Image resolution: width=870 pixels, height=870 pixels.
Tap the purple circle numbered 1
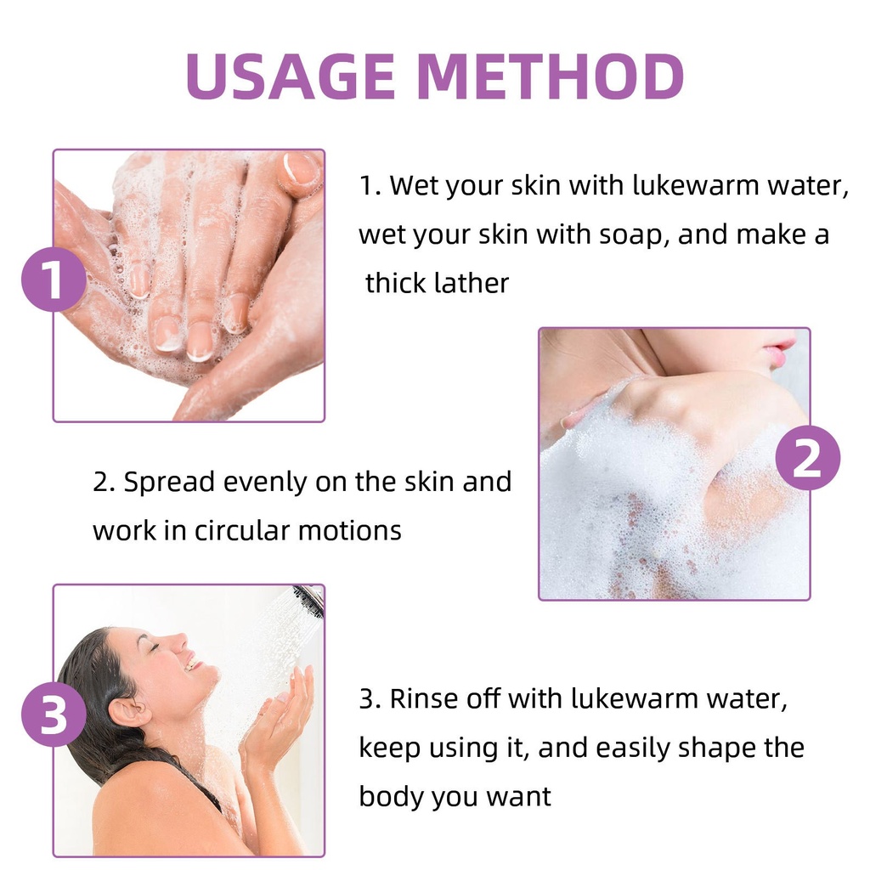pyautogui.click(x=54, y=279)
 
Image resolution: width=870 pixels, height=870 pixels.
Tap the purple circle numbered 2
pyautogui.click(x=807, y=458)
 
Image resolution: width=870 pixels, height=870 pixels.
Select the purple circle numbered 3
pyautogui.click(x=54, y=714)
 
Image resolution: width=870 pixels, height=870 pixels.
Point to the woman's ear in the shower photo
pyautogui.click(x=129, y=713)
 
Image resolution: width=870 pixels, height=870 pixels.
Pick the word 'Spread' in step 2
pyautogui.click(x=169, y=483)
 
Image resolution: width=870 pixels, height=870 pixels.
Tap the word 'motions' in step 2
pyautogui.click(x=349, y=531)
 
